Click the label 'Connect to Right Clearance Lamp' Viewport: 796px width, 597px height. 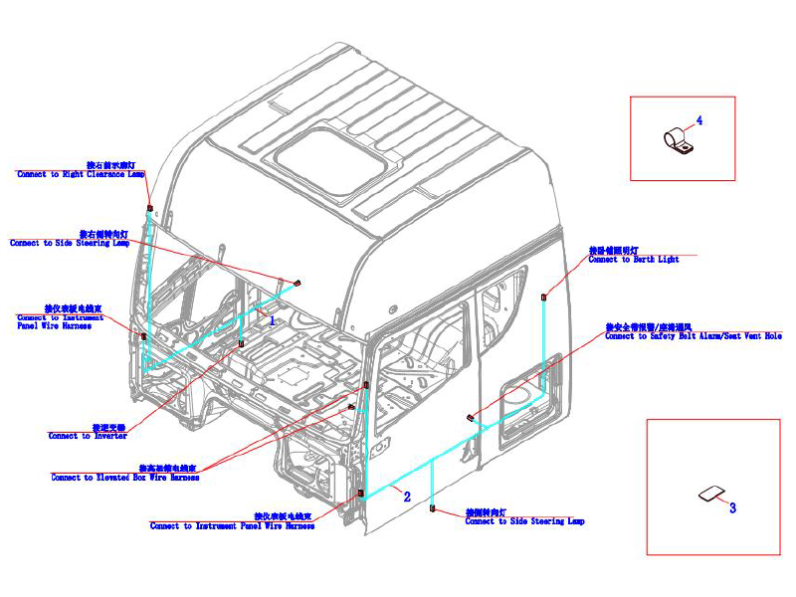coord(81,174)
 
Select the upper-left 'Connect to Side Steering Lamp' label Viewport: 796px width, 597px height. coord(70,243)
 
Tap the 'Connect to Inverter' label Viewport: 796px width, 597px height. coord(88,436)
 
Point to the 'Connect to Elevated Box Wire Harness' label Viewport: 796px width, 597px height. coord(125,478)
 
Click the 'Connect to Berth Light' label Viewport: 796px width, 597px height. coord(633,260)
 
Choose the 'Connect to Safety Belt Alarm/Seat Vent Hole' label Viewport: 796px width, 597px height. coord(694,336)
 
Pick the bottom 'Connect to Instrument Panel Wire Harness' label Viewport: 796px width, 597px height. coord(232,526)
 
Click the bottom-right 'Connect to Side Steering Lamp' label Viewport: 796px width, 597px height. coord(524,521)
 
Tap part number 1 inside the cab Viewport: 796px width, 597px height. coord(273,320)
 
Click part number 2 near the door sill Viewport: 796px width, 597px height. coord(406,495)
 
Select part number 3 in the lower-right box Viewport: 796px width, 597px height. coord(732,507)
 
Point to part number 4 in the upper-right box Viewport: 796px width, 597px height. coord(698,120)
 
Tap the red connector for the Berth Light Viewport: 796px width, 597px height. coord(543,297)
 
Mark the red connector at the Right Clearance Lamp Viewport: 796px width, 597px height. coord(149,208)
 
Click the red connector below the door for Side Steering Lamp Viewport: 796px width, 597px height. coord(432,508)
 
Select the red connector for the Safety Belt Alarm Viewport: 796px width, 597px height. coord(471,416)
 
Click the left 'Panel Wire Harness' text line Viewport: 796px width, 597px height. coord(55,326)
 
